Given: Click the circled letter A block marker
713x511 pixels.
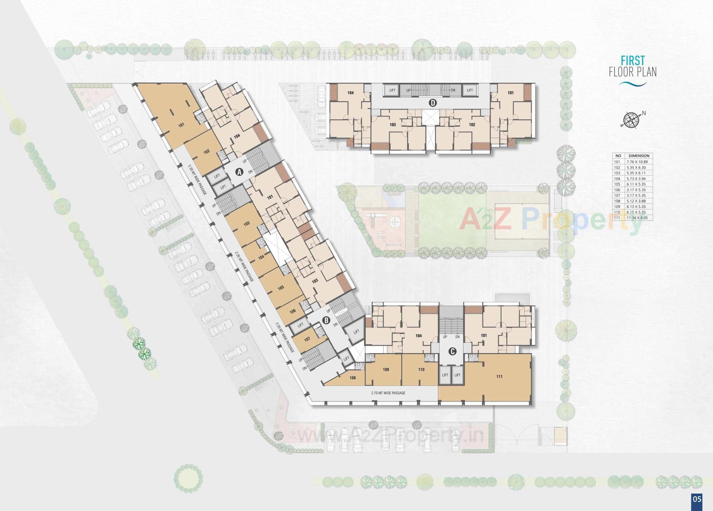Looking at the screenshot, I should tap(240, 172).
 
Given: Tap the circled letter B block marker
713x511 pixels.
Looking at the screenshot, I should tap(326, 320).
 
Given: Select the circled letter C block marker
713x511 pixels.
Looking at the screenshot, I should tap(452, 351).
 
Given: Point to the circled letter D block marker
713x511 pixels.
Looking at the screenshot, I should tap(433, 103).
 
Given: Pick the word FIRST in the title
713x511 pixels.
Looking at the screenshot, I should tap(633, 61).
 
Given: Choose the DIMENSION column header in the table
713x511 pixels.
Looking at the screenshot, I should tap(639, 156).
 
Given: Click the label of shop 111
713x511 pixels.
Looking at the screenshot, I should tap(499, 377).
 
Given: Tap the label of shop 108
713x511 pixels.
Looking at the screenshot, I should tap(352, 378).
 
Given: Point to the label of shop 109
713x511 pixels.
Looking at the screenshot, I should tap(385, 370).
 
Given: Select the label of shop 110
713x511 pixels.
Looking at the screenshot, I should tap(421, 370).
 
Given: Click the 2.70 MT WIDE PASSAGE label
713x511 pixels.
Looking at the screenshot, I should tap(388, 393).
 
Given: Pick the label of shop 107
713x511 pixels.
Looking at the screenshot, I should tap(307, 339).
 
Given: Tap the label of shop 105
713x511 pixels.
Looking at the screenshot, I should tap(281, 288).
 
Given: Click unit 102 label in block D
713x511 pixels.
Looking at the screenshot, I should tap(472, 125).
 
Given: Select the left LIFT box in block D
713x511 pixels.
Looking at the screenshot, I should tap(393, 90).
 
